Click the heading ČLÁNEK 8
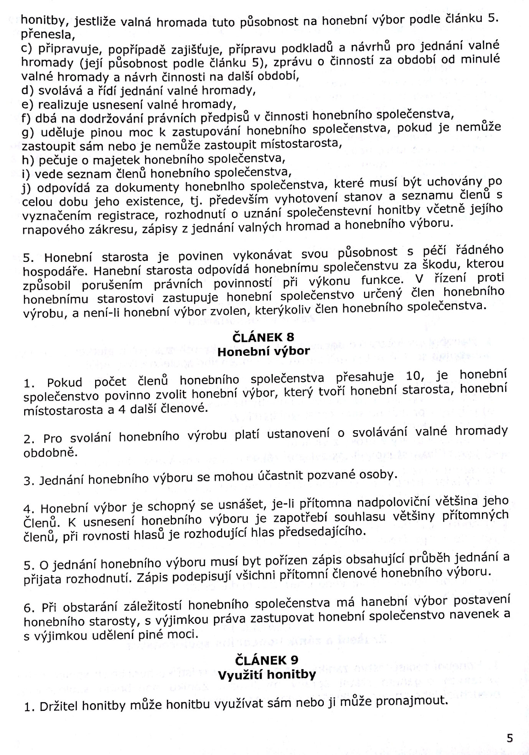[x=263, y=337]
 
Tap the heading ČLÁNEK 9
[x=266, y=660]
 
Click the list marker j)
[x=28, y=188]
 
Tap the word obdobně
[x=51, y=453]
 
